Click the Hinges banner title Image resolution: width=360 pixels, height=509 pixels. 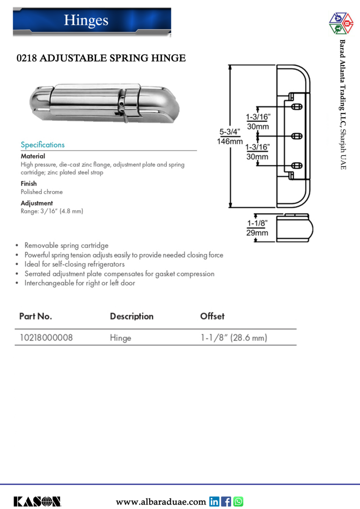pyautogui.click(x=86, y=20)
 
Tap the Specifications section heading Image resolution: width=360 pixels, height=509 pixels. pyautogui.click(x=43, y=145)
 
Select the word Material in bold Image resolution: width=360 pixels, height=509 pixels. pyautogui.click(x=33, y=156)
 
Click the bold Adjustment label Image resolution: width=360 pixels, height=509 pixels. pyautogui.click(x=37, y=203)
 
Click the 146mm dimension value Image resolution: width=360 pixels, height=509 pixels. pyautogui.click(x=231, y=141)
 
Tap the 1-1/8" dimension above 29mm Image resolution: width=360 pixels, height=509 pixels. pyautogui.click(x=257, y=224)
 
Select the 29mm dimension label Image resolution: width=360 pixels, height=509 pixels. pyautogui.click(x=257, y=232)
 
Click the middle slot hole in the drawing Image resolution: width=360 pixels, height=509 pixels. pyautogui.click(x=297, y=136)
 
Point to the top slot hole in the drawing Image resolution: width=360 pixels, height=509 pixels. pyautogui.click(x=297, y=105)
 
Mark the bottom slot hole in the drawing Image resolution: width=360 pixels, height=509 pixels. pyautogui.click(x=297, y=165)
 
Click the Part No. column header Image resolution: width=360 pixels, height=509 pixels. pyautogui.click(x=36, y=316)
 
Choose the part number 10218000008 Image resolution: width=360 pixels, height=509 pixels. pyautogui.click(x=46, y=338)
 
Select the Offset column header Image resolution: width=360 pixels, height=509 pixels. pyautogui.click(x=212, y=316)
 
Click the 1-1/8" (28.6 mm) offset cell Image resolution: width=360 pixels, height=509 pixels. pyautogui.click(x=234, y=338)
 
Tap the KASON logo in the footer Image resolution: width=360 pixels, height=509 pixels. pyautogui.click(x=37, y=501)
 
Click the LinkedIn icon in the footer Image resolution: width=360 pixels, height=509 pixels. pyautogui.click(x=214, y=501)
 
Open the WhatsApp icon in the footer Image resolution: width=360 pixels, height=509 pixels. pyautogui.click(x=238, y=501)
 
